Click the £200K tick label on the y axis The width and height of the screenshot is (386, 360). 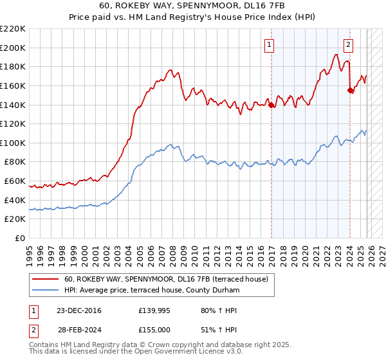click(x=13, y=48)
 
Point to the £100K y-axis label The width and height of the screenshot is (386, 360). click(x=13, y=143)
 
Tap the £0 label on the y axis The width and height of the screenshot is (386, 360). click(x=20, y=238)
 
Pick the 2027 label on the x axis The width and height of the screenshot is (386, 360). click(x=379, y=251)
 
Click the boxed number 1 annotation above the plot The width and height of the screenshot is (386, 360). click(x=268, y=45)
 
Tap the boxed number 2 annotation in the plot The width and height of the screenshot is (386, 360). click(x=348, y=45)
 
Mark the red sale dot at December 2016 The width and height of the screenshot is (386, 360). click(x=271, y=105)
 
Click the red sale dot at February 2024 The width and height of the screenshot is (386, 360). click(x=350, y=91)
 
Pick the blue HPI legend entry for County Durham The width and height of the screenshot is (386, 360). click(x=151, y=291)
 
